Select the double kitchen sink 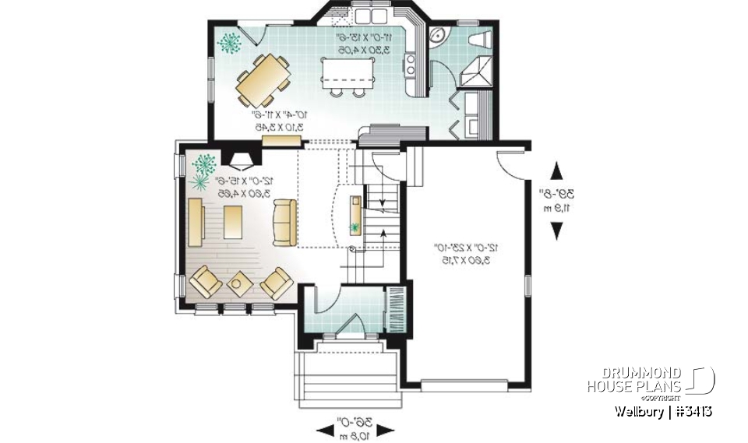point(370,16)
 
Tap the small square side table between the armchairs point(237,283)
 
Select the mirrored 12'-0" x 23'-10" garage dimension point(466,254)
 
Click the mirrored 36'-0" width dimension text point(355,427)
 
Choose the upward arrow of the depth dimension point(556,172)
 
